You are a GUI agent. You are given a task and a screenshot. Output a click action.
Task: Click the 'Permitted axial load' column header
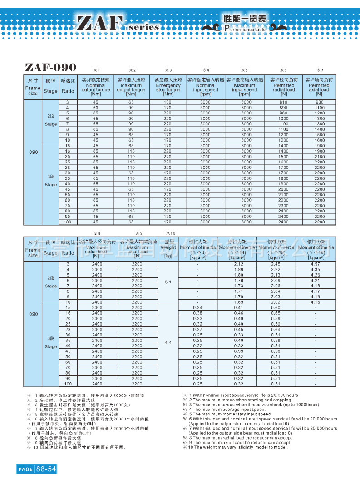click(319, 86)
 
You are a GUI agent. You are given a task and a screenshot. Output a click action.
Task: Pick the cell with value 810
click(283, 102)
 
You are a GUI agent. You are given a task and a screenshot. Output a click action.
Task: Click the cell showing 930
click(320, 102)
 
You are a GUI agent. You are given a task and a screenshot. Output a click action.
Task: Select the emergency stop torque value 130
click(168, 102)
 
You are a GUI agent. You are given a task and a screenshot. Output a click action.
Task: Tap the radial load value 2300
click(283, 206)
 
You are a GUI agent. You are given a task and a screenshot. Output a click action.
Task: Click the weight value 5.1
click(168, 282)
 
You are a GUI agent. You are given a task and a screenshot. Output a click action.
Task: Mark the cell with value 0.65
click(276, 313)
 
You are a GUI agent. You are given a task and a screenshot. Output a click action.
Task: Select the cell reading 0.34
click(198, 308)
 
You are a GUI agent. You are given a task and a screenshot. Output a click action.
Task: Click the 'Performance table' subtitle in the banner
click(245, 28)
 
